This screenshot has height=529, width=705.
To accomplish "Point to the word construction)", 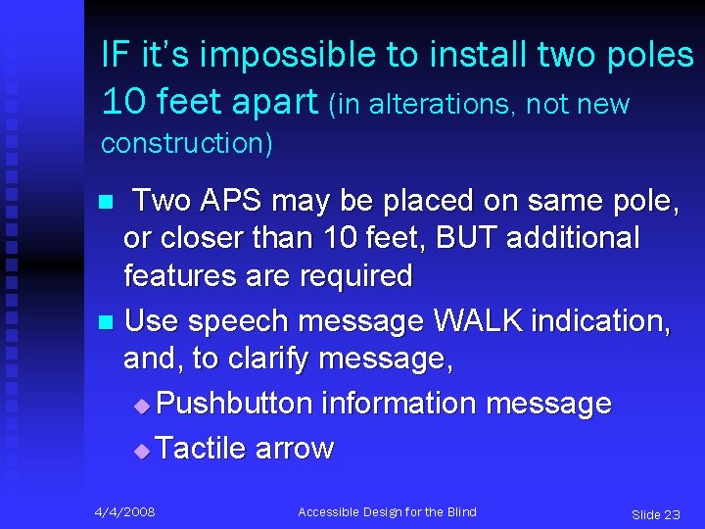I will [187, 143].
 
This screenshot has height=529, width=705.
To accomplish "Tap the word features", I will [182, 275].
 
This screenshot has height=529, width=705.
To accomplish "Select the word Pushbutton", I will [233, 404].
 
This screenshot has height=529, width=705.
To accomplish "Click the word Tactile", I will [202, 449].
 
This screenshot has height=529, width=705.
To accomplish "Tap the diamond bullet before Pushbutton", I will [143, 406].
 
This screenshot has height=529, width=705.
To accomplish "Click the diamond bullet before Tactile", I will [143, 451].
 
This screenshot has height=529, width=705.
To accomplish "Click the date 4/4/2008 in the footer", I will [124, 512].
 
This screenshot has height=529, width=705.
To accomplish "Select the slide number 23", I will [671, 514].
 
